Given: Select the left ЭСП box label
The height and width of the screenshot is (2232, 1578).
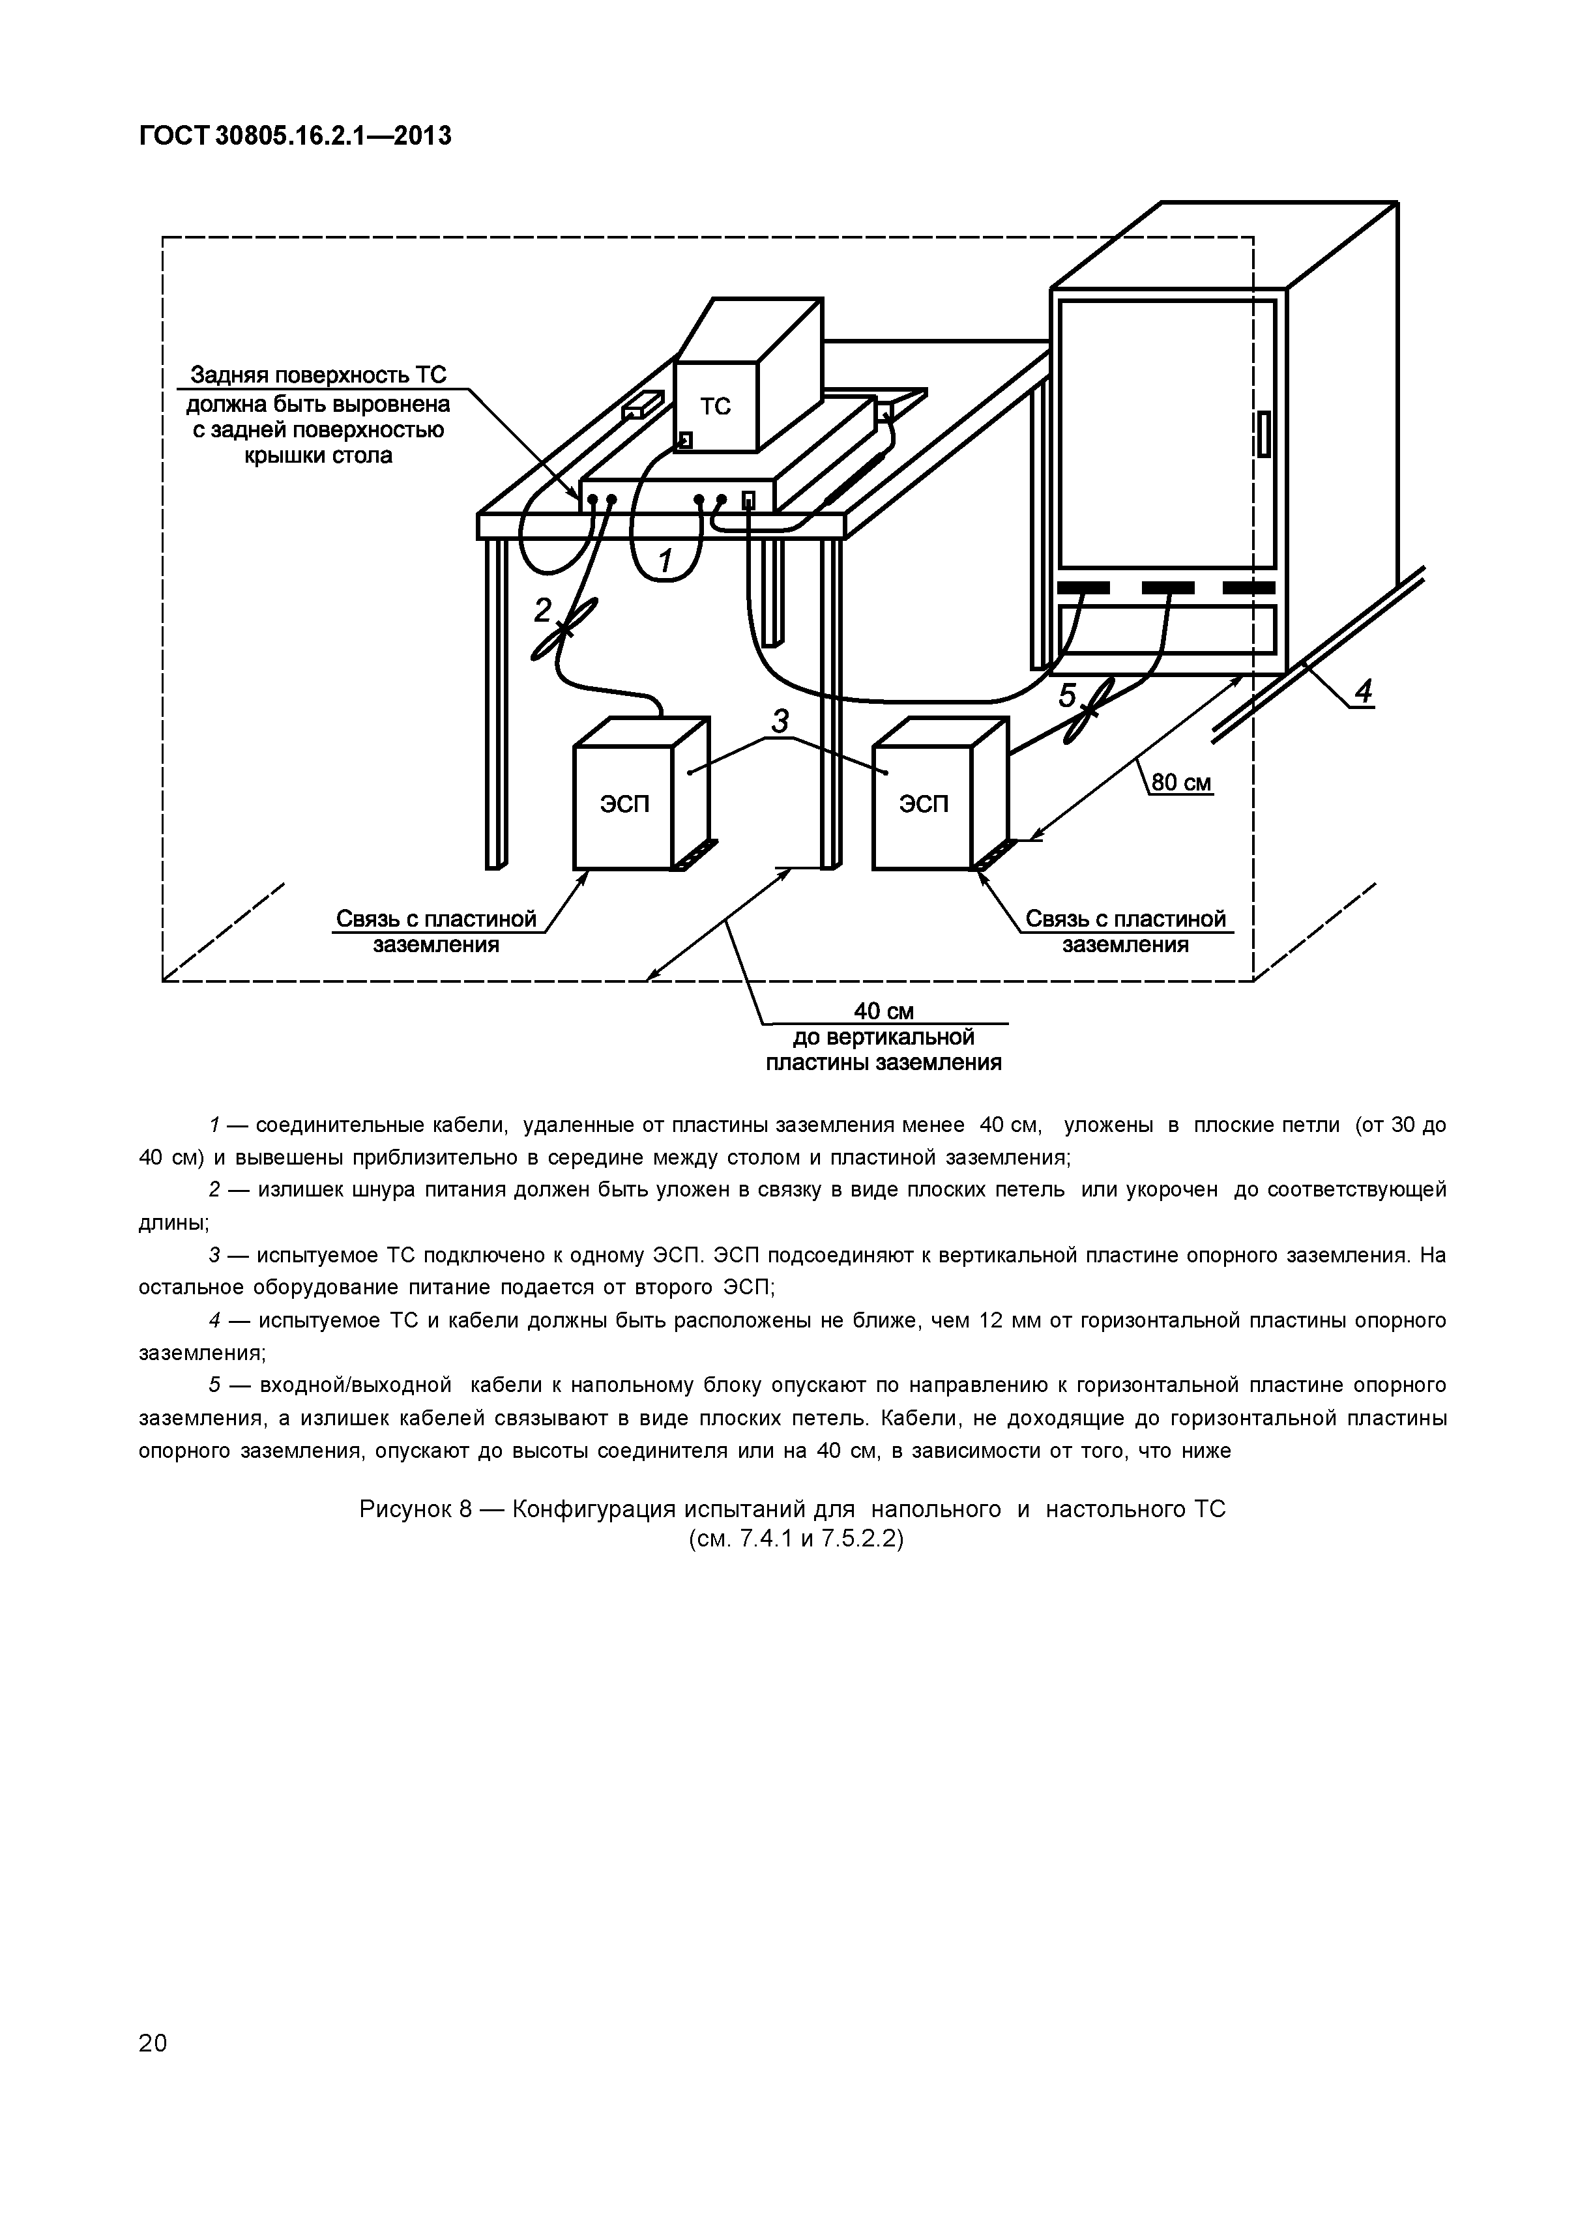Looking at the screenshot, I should click(x=623, y=804).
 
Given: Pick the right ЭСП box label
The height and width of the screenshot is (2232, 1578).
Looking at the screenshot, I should click(x=923, y=804).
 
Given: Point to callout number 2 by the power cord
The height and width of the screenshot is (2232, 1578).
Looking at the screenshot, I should click(x=542, y=609).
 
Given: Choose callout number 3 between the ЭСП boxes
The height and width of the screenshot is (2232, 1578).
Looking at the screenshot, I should click(x=780, y=721).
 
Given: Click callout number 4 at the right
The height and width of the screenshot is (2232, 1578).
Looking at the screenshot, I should click(x=1363, y=692).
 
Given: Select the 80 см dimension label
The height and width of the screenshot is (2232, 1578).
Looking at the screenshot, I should click(x=1181, y=783).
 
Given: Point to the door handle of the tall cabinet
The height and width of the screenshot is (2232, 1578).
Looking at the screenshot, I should click(x=1264, y=433).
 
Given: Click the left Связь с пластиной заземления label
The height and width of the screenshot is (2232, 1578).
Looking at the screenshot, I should click(x=435, y=931).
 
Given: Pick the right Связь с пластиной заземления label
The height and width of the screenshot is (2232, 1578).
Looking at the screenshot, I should click(x=1126, y=931).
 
